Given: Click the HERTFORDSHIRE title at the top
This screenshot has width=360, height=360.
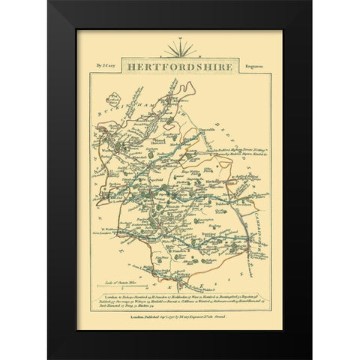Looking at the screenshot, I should [x=181, y=66].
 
